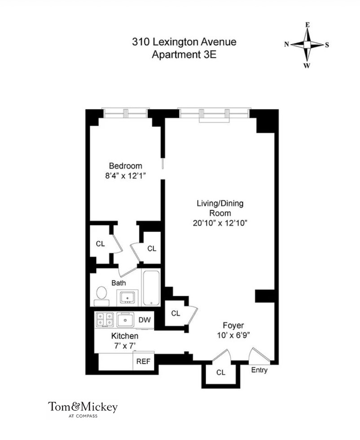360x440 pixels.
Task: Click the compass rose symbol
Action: tap(307, 44)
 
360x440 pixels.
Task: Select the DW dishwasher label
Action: tap(144, 320)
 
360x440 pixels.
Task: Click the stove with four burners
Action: tap(105, 320)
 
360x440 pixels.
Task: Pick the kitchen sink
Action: tap(126, 320)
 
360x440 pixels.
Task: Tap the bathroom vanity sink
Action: tap(127, 297)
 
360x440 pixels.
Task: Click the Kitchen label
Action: tap(125, 336)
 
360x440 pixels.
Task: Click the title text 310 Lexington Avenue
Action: tap(184, 43)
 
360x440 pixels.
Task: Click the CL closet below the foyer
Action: tap(220, 373)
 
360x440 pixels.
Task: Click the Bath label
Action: tap(119, 283)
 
